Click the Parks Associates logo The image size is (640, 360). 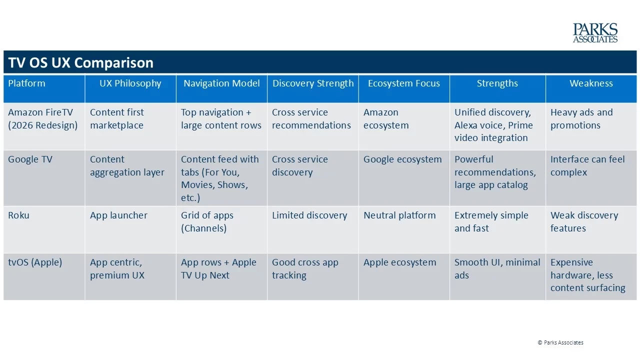tap(595, 33)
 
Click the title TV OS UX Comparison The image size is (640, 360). tap(81, 62)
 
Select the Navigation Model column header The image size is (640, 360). tap(221, 83)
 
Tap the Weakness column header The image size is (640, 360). tap(591, 83)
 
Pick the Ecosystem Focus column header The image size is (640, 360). tap(403, 83)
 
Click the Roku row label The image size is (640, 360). tap(18, 215)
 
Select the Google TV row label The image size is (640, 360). tap(30, 159)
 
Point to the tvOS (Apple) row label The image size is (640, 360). tap(35, 262)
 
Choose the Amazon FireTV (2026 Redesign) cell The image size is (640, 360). tap(43, 118)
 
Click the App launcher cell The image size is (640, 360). tap(118, 215)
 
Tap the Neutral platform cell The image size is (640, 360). tap(399, 215)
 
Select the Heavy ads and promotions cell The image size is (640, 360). tap(581, 118)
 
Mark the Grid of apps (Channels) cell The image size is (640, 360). tap(207, 221)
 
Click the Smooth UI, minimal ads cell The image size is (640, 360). tap(497, 268)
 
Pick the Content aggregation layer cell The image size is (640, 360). tap(127, 165)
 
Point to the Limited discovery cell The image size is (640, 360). tap(309, 215)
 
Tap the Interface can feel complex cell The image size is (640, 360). tap(587, 165)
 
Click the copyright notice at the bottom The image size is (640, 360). tap(560, 342)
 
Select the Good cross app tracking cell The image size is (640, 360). tap(305, 268)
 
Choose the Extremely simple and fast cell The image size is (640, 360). tap(491, 221)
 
